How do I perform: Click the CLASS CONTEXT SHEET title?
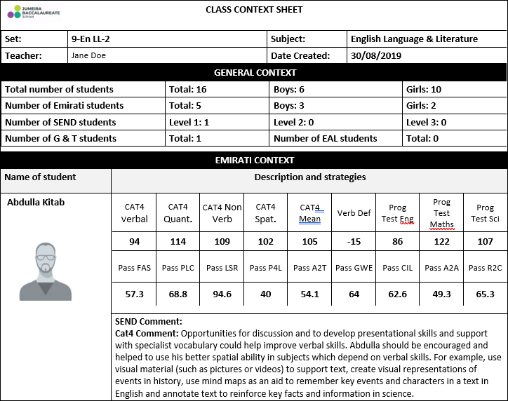point(254,10)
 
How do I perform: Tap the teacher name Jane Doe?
point(88,55)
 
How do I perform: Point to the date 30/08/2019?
point(376,55)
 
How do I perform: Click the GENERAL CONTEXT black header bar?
point(254,72)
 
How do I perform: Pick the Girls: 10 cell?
point(424,89)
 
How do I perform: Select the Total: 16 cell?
point(186,89)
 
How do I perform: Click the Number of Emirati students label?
point(64,105)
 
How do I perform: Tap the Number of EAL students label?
point(326,138)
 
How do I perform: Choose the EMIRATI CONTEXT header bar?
point(254,161)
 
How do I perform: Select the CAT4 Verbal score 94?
point(134,242)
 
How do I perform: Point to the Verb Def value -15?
point(354,242)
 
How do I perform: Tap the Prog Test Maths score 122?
point(441,242)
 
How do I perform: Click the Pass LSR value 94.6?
point(222,294)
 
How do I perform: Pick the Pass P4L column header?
point(265,268)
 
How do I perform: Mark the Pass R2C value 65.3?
point(485,294)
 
